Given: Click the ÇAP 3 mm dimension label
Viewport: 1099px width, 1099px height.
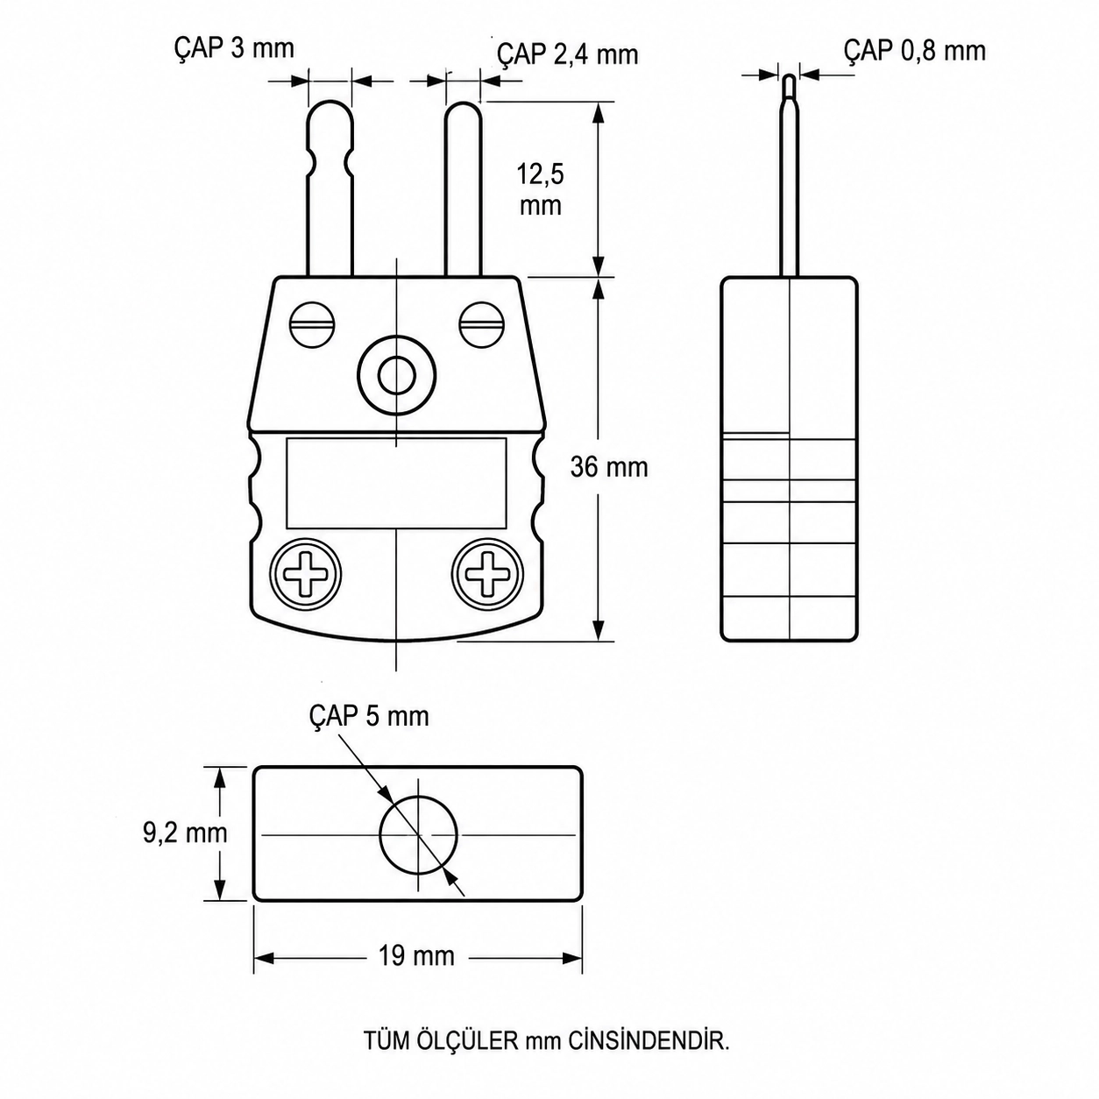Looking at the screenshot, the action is coord(234,49).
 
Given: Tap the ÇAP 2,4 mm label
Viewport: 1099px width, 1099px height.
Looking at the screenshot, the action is coord(567,55).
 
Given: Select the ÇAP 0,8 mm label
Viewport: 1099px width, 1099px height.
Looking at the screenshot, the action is coord(915,51).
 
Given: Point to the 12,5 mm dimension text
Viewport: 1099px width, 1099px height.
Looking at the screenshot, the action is coord(541,189).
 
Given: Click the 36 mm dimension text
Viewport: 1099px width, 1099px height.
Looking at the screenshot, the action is coord(609,468).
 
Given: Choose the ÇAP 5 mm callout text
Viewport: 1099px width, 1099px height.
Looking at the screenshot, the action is coord(369,715).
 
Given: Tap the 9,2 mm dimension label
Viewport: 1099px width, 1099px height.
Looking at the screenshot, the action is coord(185,833).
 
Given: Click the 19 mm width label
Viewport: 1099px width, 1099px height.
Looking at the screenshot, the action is coord(416,955).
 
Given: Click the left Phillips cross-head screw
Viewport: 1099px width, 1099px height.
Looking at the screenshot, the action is coord(306,574).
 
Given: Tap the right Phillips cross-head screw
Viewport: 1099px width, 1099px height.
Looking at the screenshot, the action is coord(487,574).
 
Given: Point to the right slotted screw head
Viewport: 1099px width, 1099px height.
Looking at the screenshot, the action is coord(482,324).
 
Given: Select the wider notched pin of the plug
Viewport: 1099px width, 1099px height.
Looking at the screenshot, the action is coord(330,188).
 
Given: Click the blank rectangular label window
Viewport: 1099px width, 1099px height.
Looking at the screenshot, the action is coord(396,483).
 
